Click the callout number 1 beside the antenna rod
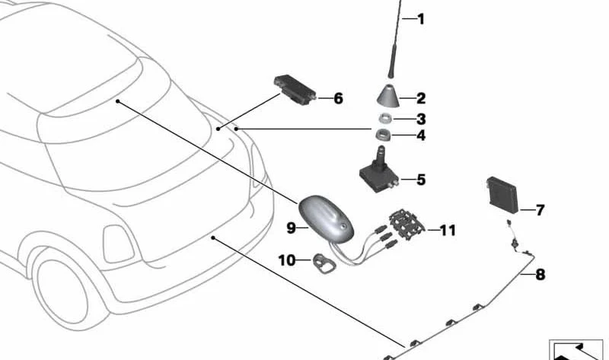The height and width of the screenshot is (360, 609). coord(421,19)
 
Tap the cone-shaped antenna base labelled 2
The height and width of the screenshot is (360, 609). coord(388,95)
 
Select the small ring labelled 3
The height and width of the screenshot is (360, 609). coord(385,118)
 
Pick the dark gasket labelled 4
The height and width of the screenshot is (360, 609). coord(384,135)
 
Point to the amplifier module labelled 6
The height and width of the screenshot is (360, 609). coord(295,90)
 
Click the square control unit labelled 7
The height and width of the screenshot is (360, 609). coord(502,195)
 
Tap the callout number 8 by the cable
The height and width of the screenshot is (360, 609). coord(540,275)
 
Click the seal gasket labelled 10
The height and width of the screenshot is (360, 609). coord(324,264)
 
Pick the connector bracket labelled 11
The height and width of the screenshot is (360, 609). coord(407,225)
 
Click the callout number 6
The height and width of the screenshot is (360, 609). coord(338,99)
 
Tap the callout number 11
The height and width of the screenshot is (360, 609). coord(448,231)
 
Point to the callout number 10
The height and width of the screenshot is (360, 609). coord(287,260)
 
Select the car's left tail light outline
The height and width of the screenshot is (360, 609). coord(117,244)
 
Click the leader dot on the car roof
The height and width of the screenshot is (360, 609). coord(118,101)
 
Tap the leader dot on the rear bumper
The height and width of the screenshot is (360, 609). coord(213,237)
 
